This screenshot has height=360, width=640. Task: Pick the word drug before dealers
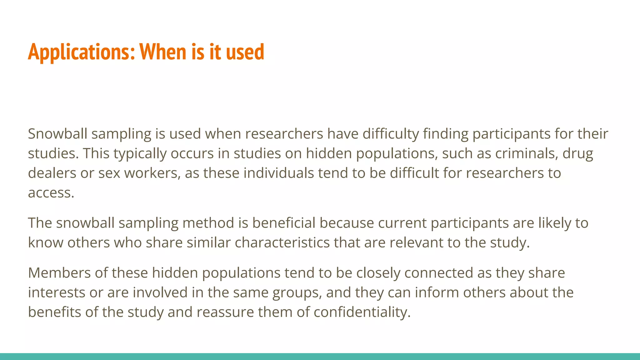(x=578, y=154)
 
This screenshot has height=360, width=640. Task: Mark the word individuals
(x=279, y=173)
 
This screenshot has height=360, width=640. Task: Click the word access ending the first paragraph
(x=51, y=193)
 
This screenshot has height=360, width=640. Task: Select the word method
(x=208, y=223)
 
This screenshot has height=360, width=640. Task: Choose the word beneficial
(x=284, y=223)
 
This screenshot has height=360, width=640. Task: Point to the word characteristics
(x=282, y=242)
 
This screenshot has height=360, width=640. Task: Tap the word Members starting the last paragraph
(x=59, y=273)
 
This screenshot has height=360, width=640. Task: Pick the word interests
(x=57, y=292)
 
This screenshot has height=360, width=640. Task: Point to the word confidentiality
(x=362, y=312)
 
